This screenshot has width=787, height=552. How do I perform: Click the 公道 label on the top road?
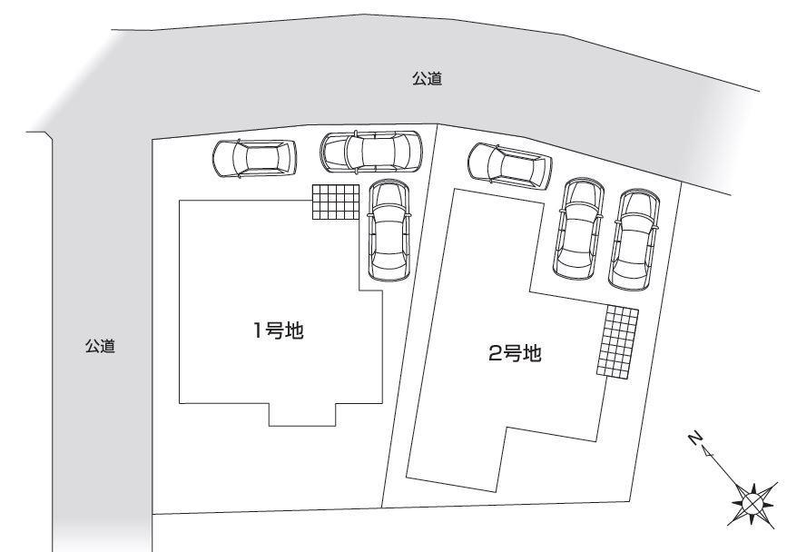point(427,80)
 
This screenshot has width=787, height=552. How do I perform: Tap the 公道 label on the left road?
point(100,346)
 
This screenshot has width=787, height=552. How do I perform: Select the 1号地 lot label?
point(278,331)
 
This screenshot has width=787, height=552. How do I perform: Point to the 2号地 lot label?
point(515,353)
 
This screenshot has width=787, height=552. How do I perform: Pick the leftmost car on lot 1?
point(254,158)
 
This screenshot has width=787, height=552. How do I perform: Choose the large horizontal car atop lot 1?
point(370,151)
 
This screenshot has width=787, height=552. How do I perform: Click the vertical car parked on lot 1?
point(389,231)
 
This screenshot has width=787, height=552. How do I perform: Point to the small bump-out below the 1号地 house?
point(303,414)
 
